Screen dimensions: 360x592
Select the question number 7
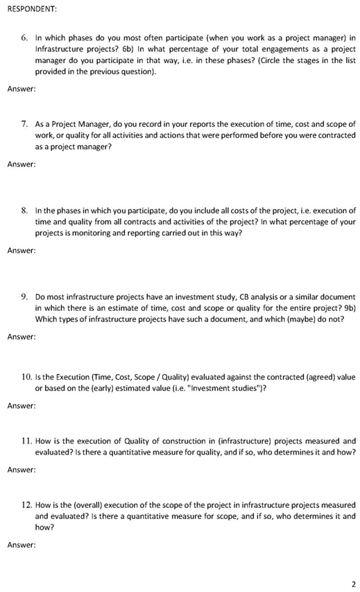(24, 124)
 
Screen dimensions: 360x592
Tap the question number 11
(25, 441)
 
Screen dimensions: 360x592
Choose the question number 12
(25, 505)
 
